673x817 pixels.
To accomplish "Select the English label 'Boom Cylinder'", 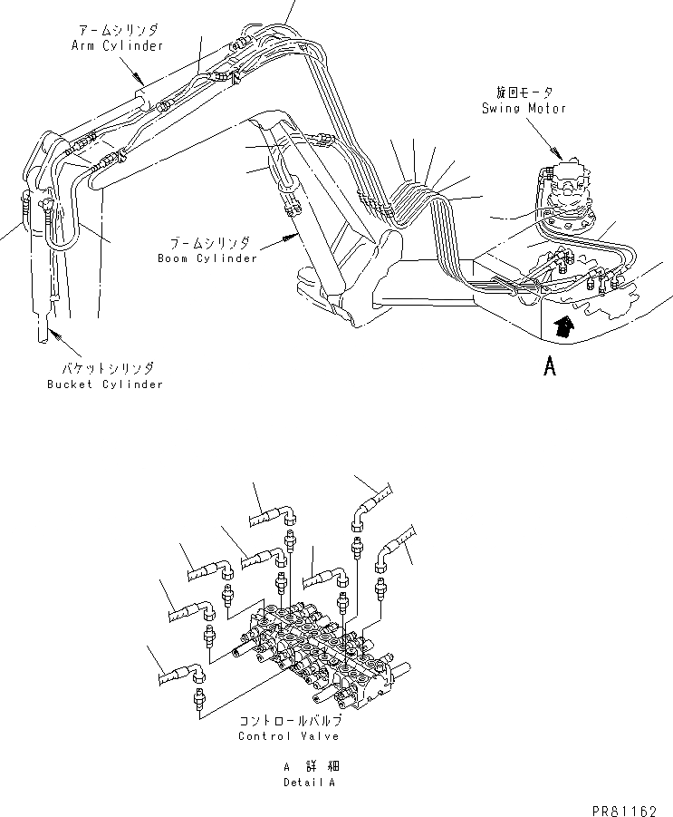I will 203,258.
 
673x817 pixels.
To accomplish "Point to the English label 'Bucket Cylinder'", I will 105,384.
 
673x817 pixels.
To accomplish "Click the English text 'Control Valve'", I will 289,735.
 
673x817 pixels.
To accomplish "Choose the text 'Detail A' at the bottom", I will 309,783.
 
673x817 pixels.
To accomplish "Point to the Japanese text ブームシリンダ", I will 207,244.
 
